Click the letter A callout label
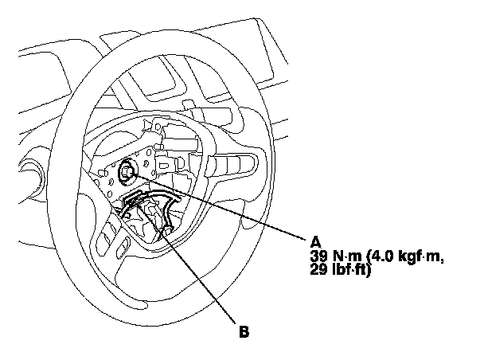(317, 241)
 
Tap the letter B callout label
(244, 331)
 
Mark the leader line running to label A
(223, 207)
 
